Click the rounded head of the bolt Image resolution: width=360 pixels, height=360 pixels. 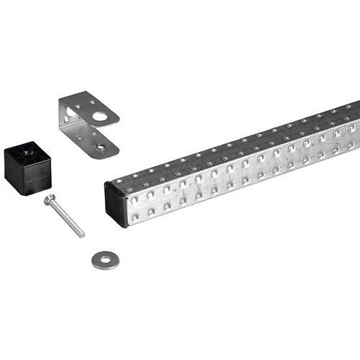[x=48, y=199]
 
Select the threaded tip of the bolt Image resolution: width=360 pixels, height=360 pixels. [x=81, y=234]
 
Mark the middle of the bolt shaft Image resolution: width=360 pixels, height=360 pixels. [x=65, y=217]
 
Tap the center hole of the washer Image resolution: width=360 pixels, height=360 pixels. [x=105, y=259]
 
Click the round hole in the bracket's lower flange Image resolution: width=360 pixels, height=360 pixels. [x=100, y=146]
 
